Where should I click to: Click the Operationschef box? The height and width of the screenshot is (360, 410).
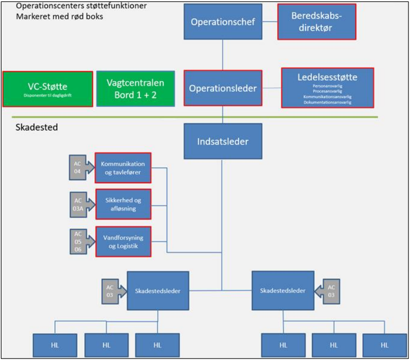pos(222,22)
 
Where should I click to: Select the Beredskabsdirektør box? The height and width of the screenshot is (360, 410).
pos(317,22)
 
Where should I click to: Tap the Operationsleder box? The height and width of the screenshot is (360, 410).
pos(223,88)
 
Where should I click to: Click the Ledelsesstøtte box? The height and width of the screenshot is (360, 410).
pos(327,88)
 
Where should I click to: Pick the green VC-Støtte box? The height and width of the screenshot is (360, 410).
pos(48,89)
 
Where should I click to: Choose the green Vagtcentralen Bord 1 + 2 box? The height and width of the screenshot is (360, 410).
pos(135,89)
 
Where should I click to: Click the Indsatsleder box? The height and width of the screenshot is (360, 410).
pos(222,142)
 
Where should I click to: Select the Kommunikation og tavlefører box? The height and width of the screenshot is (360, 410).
pos(123,168)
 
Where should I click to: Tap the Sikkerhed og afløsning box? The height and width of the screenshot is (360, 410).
pos(123,204)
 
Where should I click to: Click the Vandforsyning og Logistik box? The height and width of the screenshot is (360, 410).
pos(123,242)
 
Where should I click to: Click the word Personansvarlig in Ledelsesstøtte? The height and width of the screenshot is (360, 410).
pos(327,86)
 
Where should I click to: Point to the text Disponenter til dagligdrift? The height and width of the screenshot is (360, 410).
pos(48,95)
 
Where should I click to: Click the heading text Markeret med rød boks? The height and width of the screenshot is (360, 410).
pos(60,16)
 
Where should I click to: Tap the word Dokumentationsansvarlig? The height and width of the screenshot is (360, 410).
pos(327,102)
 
